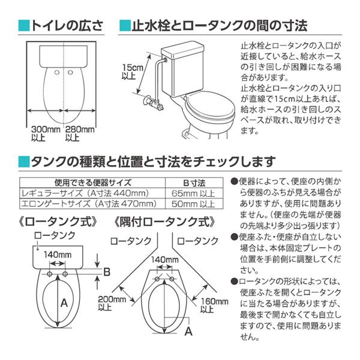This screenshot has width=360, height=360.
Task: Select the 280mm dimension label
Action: coord(79,130)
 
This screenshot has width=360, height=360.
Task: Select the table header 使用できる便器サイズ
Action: coord(93,182)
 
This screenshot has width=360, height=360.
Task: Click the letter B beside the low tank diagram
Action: coord(106,272)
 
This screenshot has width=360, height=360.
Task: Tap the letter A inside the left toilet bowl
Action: coord(62,303)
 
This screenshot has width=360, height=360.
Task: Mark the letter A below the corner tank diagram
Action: coord(188,330)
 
